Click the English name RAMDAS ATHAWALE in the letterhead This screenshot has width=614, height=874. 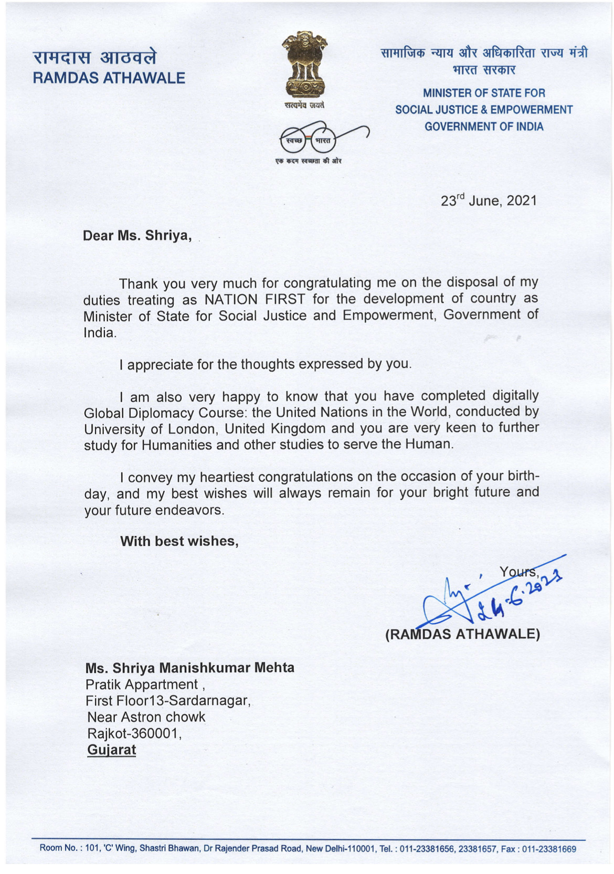tap(109, 78)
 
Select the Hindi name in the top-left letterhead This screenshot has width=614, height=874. tap(94, 57)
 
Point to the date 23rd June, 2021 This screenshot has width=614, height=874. tap(489, 201)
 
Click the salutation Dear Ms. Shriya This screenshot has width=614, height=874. tap(137, 236)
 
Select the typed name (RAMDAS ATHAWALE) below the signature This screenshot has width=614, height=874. tap(462, 635)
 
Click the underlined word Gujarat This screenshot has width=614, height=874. tap(112, 750)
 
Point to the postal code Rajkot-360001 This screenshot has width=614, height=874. tap(134, 733)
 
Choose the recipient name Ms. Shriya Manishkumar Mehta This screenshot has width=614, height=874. tap(190, 668)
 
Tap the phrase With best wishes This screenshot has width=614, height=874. tap(179, 541)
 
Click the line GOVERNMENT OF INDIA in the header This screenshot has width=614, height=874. tap(484, 127)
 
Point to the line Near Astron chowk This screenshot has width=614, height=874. tap(146, 717)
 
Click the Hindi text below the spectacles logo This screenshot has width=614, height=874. tap(309, 161)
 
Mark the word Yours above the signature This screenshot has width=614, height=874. tap(518, 572)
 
